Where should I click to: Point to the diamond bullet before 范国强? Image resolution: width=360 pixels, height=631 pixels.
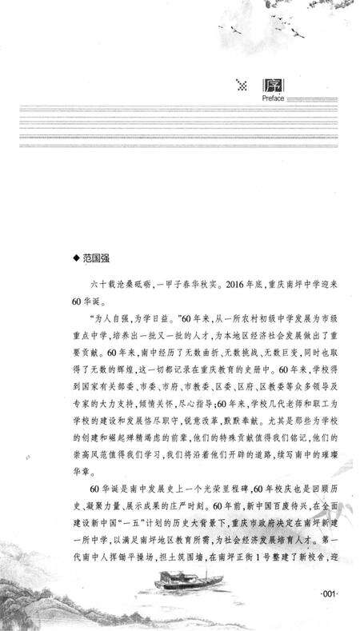tap(77, 258)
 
